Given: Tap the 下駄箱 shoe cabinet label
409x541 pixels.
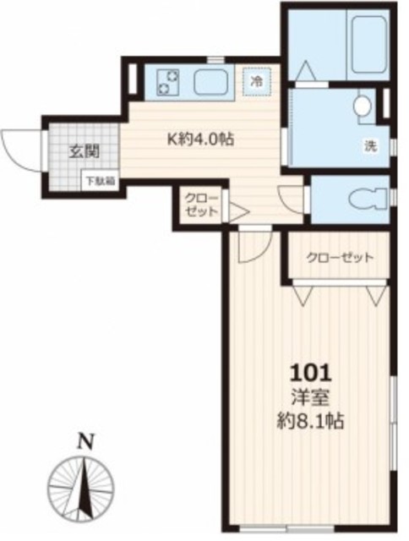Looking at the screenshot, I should [x=94, y=179].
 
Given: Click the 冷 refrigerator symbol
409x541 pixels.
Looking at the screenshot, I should [x=254, y=82].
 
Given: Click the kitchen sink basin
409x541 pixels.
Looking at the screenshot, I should [x=211, y=82].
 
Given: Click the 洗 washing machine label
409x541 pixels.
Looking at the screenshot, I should [x=369, y=144].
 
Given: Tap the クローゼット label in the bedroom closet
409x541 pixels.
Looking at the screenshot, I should [x=339, y=258].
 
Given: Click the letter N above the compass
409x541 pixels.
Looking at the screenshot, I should [x=84, y=440].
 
